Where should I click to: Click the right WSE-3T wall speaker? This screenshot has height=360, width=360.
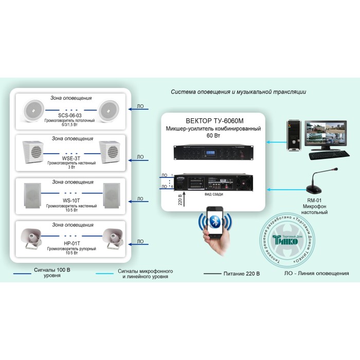(x=110, y=151)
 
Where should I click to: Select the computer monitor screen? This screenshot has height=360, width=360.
(x=323, y=134)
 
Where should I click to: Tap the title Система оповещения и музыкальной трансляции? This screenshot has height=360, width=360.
(x=238, y=92)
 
